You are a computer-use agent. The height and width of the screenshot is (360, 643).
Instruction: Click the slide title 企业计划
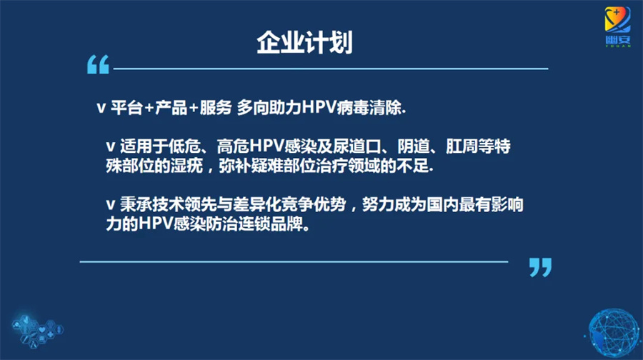coord(304,42)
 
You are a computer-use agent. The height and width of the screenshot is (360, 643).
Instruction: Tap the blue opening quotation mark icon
coord(98,64)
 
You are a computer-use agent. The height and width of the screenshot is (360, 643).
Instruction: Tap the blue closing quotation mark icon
coord(541,267)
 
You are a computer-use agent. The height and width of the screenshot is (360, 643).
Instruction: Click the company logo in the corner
coord(617,26)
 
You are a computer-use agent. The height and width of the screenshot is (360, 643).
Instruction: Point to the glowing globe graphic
coord(614,333)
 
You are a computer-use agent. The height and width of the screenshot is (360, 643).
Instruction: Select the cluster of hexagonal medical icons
coord(38,330)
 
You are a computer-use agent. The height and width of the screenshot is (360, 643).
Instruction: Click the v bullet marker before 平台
coord(101,109)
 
